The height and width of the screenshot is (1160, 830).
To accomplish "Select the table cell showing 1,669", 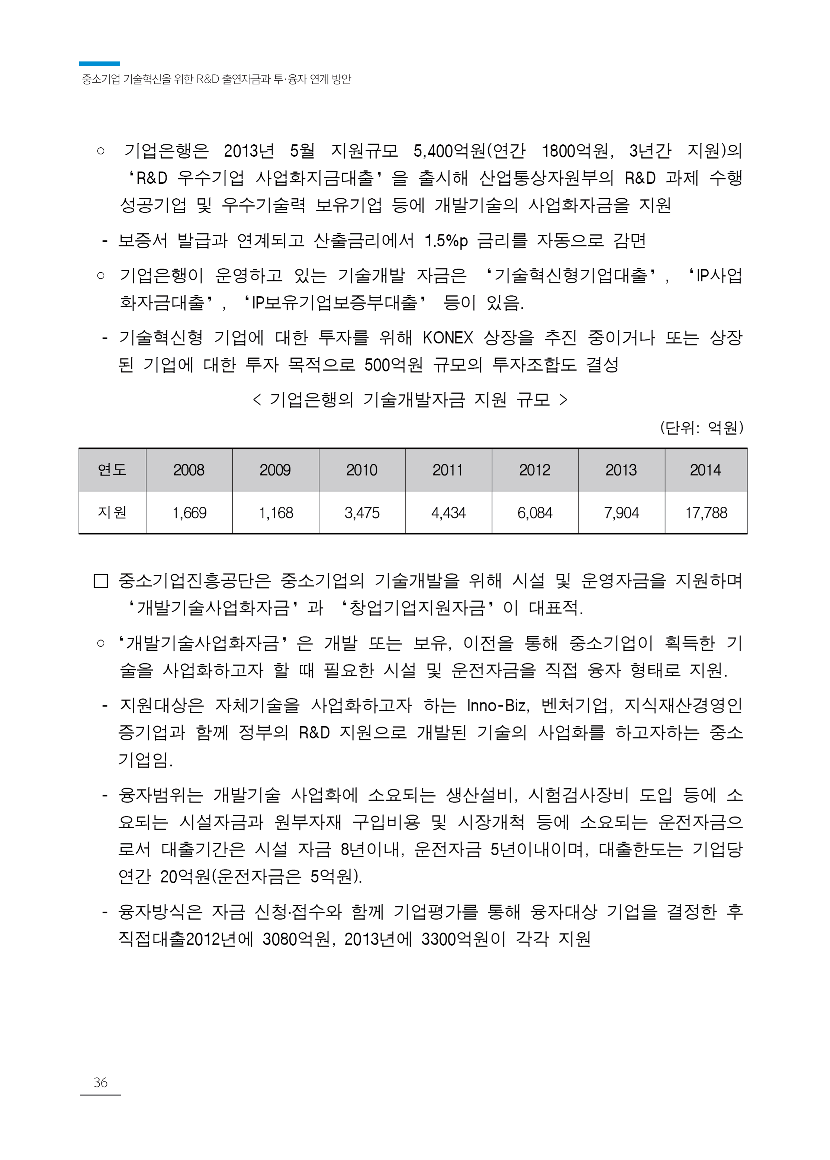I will pyautogui.click(x=189, y=512).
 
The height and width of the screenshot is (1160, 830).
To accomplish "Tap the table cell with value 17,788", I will pyautogui.click(x=706, y=512).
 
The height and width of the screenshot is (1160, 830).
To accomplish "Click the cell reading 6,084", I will pyautogui.click(x=535, y=512).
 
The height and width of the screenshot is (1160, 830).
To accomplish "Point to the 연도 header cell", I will pyautogui.click(x=112, y=470).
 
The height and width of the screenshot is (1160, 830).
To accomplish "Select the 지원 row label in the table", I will pyautogui.click(x=112, y=512).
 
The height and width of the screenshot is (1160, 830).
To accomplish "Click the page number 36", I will pyautogui.click(x=100, y=1082).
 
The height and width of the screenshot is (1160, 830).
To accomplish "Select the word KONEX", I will pyautogui.click(x=448, y=338).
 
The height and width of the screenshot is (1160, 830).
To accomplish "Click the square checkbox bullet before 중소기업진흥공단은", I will pyautogui.click(x=101, y=581).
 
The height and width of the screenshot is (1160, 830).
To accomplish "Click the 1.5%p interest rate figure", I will pyautogui.click(x=446, y=241).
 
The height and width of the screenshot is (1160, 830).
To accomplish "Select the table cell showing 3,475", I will pyautogui.click(x=362, y=512).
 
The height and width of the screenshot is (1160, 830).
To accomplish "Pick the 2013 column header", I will pyautogui.click(x=621, y=470).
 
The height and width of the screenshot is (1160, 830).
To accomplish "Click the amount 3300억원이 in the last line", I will pyautogui.click(x=463, y=939).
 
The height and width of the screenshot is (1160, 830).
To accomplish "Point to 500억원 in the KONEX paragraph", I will pyautogui.click(x=393, y=365).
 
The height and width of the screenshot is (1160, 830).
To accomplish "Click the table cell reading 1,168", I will pyautogui.click(x=276, y=512).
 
